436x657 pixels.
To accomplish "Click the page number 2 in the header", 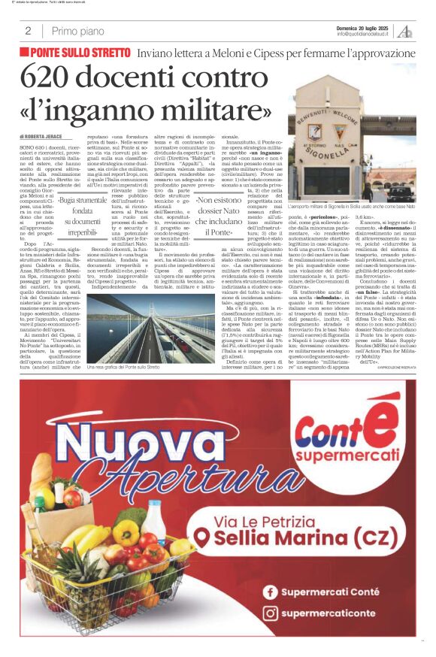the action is [x=28, y=31].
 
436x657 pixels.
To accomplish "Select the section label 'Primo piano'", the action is [x=78, y=31].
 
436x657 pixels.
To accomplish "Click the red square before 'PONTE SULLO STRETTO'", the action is [x=25, y=52].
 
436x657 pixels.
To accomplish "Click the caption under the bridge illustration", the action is [x=124, y=367].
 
